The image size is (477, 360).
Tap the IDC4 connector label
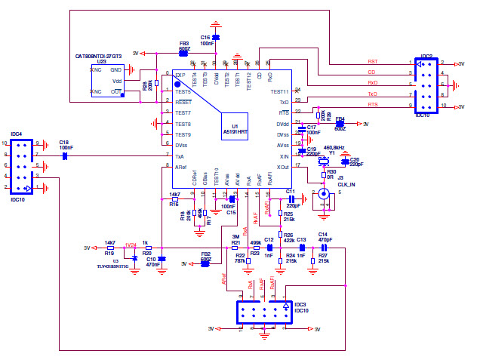click(16, 134)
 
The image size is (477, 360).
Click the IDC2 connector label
click(426, 56)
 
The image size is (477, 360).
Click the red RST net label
click(372, 62)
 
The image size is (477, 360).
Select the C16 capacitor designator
click(205, 37)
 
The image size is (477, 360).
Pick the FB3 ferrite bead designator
click(183, 44)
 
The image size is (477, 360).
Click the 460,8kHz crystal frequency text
click(334, 148)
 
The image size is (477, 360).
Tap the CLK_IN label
click(346, 183)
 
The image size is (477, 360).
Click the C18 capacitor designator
click(64, 142)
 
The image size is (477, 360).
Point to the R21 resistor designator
click(235, 243)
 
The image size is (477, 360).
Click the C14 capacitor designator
click(322, 235)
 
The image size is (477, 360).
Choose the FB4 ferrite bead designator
click(340, 118)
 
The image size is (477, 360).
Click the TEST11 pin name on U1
click(279, 91)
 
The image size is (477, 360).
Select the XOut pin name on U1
click(282, 166)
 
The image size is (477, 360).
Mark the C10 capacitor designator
click(152, 259)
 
